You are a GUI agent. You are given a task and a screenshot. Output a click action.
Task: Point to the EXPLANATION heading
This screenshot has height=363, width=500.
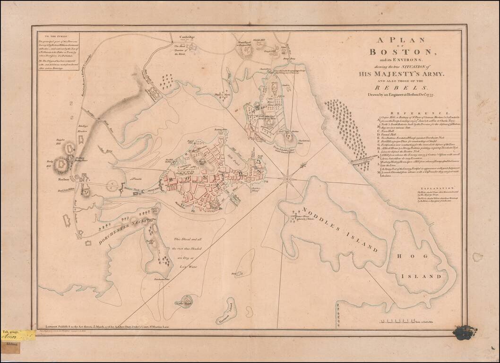pyautogui.click(x=406, y=188)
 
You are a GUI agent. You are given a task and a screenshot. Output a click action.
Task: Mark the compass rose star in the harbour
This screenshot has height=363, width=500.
pyautogui.click(x=287, y=178)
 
